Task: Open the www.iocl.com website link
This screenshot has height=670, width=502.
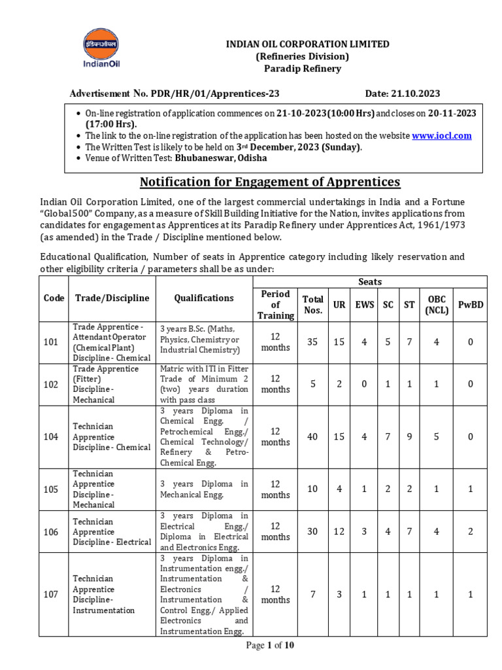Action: coord(441,135)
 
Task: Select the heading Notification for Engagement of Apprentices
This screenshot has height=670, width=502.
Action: coord(270,181)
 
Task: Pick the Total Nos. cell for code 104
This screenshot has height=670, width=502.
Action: coord(313,436)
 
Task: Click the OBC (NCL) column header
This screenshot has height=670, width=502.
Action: coord(437,305)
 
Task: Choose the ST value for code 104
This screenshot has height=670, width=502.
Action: coord(409,436)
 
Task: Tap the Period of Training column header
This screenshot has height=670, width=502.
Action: coord(275,305)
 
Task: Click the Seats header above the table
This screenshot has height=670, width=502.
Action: coord(370,282)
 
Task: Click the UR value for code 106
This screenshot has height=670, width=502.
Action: coord(339,531)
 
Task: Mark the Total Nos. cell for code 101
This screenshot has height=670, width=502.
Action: coord(313,342)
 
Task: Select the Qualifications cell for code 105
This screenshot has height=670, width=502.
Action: coord(205,489)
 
